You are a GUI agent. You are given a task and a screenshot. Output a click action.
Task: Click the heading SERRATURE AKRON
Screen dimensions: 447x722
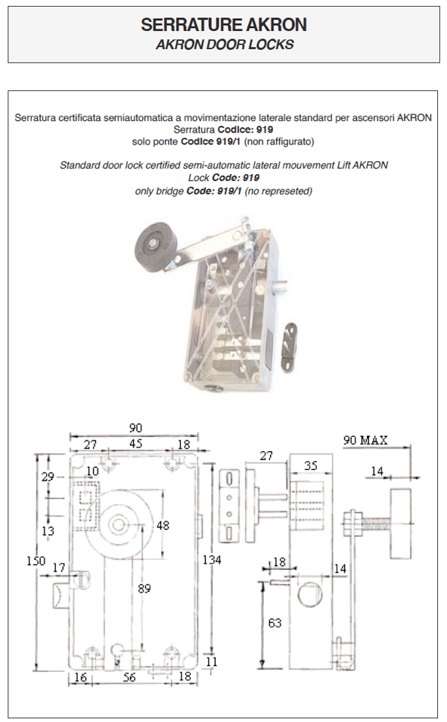tap(224, 24)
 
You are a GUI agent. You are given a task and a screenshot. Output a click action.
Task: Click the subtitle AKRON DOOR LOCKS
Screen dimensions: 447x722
tap(225, 45)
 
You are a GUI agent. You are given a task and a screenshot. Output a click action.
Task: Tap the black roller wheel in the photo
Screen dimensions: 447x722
tap(155, 244)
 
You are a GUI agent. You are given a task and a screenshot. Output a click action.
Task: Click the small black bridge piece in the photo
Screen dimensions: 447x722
tap(289, 341)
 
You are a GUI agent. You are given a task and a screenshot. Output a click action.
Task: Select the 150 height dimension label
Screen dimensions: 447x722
tap(36, 561)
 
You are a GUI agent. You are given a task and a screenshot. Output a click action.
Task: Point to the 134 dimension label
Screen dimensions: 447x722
tap(213, 560)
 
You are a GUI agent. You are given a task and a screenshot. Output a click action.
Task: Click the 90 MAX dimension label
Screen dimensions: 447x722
tap(365, 440)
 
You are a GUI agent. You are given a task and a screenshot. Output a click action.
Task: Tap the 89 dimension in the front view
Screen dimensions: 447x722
tap(144, 589)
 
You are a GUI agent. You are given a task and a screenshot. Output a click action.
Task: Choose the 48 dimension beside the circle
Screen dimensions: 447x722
tap(163, 525)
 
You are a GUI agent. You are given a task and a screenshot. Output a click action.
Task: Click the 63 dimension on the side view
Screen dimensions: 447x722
tap(275, 623)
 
